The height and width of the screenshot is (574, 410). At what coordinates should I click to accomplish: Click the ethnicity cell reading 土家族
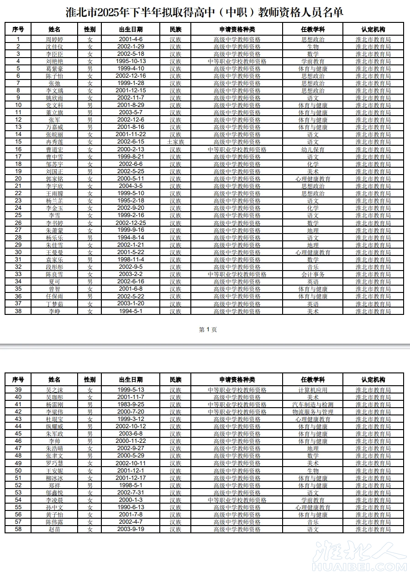pyautogui.click(x=175, y=142)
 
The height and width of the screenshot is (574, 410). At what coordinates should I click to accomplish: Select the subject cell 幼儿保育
pyautogui.click(x=313, y=149)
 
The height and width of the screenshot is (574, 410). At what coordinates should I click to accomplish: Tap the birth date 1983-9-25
pyautogui.click(x=131, y=404)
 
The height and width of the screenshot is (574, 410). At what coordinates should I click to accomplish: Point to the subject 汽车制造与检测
pyautogui.click(x=313, y=404)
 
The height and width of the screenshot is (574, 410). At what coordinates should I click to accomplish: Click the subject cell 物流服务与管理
pyautogui.click(x=313, y=412)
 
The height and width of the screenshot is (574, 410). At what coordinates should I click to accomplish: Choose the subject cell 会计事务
pyautogui.click(x=313, y=274)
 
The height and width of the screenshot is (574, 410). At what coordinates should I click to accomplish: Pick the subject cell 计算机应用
pyautogui.click(x=313, y=390)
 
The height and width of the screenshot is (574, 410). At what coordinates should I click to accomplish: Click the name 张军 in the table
pyautogui.click(x=54, y=120)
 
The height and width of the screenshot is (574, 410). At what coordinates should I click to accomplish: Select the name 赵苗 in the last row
pyautogui.click(x=54, y=529)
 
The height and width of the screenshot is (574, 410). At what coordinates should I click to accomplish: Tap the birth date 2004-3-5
pyautogui.click(x=131, y=186)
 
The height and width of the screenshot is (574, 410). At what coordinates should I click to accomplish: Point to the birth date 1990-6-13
pyautogui.click(x=131, y=507)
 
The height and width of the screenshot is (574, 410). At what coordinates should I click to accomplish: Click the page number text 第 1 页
pyautogui.click(x=208, y=330)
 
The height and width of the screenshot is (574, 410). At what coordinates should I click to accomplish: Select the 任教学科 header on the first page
pyautogui.click(x=313, y=29)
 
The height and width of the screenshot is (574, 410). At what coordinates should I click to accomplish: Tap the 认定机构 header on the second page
pyautogui.click(x=373, y=380)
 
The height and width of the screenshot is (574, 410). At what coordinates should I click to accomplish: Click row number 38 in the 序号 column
pyautogui.click(x=18, y=311)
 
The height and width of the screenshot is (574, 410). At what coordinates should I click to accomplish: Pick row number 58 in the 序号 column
pyautogui.click(x=18, y=529)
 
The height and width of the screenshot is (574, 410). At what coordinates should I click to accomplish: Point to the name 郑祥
pyautogui.click(x=54, y=485)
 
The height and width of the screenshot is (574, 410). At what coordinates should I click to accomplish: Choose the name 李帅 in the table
pyautogui.click(x=54, y=441)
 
